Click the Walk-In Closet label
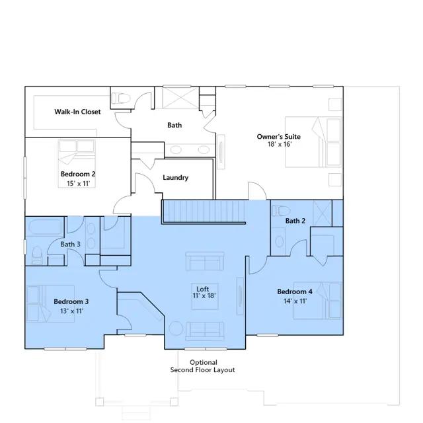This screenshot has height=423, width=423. [x=77, y=112]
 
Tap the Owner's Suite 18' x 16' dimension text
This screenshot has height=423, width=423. [x=280, y=144]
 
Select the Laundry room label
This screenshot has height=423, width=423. [x=175, y=177]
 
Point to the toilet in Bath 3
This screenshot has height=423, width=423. [x=37, y=254]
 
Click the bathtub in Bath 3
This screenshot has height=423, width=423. [x=45, y=227]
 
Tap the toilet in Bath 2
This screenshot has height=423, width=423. [x=281, y=211]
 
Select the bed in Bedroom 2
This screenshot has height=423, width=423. [x=77, y=163]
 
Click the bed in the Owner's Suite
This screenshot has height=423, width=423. [x=313, y=142]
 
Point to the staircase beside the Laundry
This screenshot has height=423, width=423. [x=204, y=211]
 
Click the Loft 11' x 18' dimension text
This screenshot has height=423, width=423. [x=204, y=295]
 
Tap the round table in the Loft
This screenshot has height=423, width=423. [x=176, y=329]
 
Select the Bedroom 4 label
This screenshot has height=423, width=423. [x=295, y=291]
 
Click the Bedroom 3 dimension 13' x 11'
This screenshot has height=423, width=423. [x=71, y=311]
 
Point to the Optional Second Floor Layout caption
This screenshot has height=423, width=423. [x=203, y=366]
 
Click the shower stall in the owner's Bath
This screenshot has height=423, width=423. [x=177, y=97]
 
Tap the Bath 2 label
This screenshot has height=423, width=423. [x=295, y=221]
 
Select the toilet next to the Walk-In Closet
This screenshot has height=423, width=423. [x=121, y=98]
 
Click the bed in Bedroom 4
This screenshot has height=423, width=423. [x=318, y=301]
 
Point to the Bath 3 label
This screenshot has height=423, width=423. [x=70, y=244]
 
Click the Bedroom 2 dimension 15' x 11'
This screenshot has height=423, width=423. [x=78, y=184]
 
